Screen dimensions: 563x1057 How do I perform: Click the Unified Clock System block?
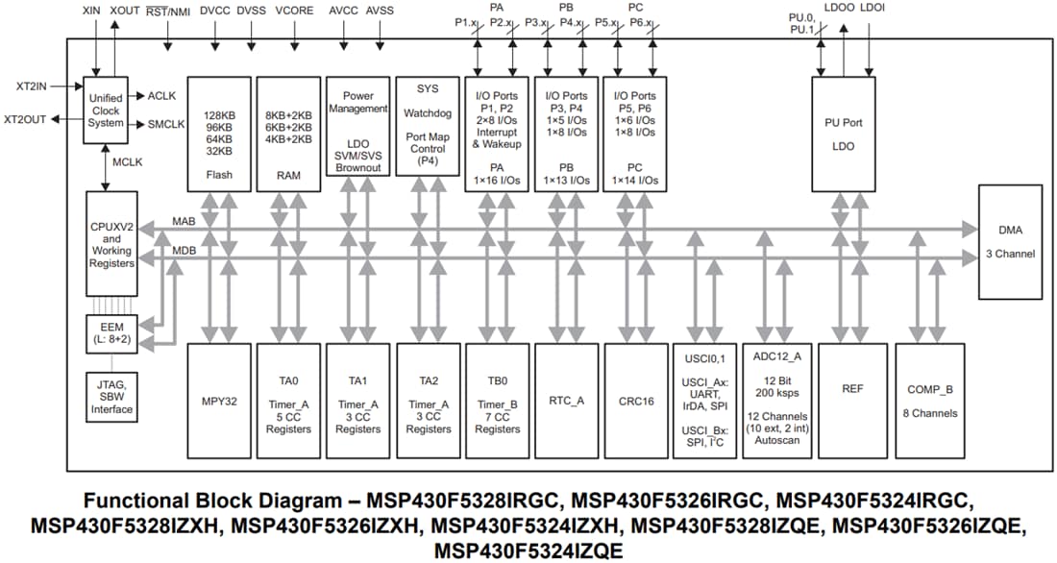click(x=105, y=110)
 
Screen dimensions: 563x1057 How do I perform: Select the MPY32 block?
click(x=219, y=401)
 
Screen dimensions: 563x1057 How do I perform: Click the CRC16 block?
click(x=635, y=401)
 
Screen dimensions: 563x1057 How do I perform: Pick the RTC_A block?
click(x=566, y=401)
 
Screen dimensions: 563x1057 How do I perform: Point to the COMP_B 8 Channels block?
click(x=930, y=401)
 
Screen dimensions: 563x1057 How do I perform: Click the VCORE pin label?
click(x=294, y=10)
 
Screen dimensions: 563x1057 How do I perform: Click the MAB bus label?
click(x=184, y=221)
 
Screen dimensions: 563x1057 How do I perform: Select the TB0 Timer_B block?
click(x=497, y=401)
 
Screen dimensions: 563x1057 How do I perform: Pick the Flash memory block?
click(x=219, y=135)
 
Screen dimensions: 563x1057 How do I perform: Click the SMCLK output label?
click(x=165, y=124)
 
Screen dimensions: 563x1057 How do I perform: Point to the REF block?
click(x=852, y=401)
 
